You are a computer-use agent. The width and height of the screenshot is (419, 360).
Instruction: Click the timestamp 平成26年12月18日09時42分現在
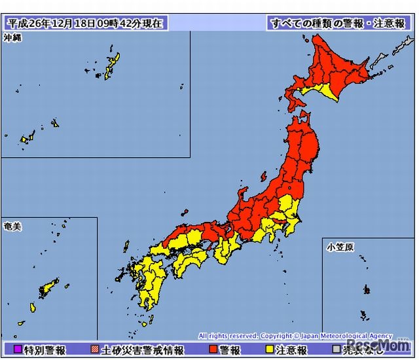click(84, 23)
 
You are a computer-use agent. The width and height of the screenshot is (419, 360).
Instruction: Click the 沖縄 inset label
click(12, 38)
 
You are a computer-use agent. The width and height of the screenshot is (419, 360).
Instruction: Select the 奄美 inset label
click(12, 226)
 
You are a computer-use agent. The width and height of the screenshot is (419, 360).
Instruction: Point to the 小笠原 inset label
click(340, 247)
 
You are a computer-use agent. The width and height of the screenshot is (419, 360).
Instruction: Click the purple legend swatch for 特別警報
click(18, 350)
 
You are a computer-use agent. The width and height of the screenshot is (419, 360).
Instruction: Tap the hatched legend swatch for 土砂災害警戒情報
click(96, 350)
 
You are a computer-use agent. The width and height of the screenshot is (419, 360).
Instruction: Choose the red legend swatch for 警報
click(213, 350)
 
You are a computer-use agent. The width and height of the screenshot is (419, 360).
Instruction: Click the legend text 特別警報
click(44, 350)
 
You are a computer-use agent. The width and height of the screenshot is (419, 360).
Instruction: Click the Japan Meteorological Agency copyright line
click(295, 336)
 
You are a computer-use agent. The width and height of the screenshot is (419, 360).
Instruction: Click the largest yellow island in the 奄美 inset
click(47, 288)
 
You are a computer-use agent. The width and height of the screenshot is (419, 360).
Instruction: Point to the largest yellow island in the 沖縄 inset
click(109, 69)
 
